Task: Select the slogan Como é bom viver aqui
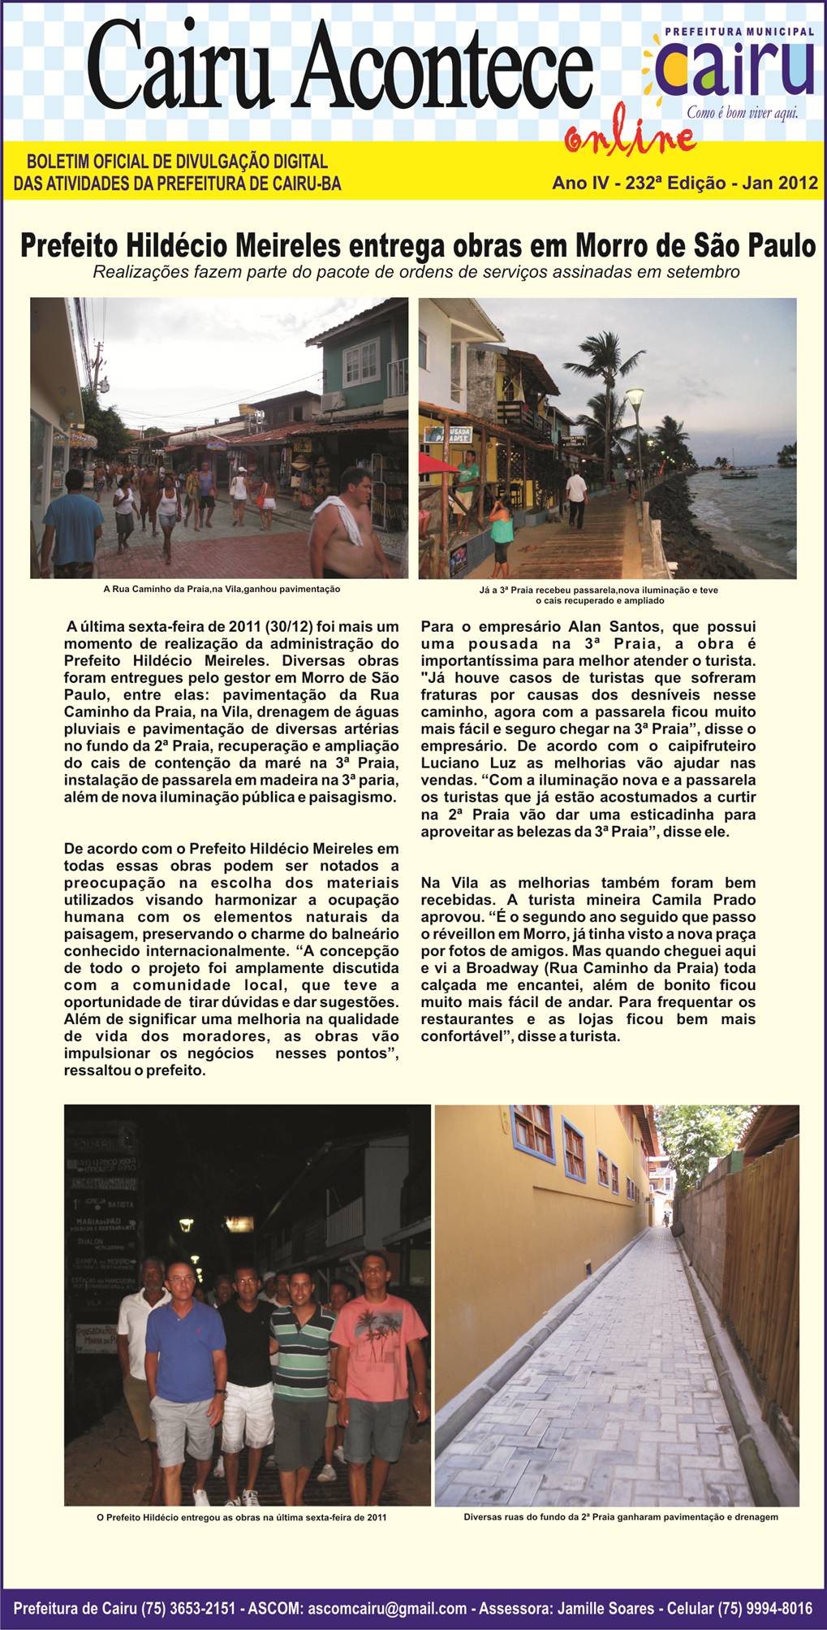click(742, 113)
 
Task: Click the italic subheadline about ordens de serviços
click(416, 272)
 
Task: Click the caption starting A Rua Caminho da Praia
click(222, 588)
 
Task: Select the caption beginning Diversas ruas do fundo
click(621, 1516)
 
